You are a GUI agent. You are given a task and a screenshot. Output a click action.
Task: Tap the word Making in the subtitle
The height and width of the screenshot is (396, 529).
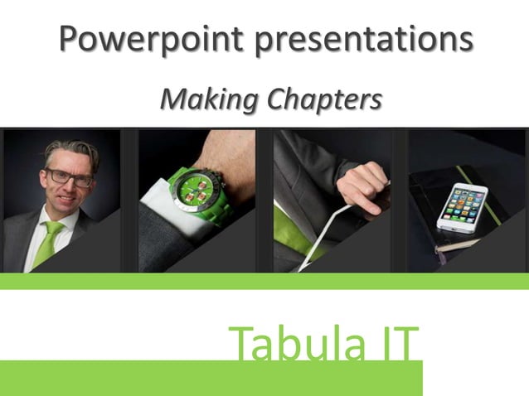pos(210,99)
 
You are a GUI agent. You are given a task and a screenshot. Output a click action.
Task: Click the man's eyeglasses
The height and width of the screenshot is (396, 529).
pos(70,176)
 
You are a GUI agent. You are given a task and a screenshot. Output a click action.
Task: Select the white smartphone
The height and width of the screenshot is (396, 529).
pos(461,207)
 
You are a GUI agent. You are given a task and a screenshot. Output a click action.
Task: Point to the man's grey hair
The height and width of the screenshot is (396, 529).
pos(70,151)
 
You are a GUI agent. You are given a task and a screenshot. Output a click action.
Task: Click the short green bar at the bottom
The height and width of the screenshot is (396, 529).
pos(211,378)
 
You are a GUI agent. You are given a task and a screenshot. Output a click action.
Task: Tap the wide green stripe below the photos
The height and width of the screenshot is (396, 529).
pos(264,281)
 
